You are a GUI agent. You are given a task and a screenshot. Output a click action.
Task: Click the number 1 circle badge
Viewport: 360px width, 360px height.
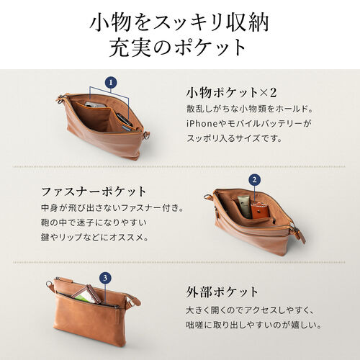[x=110, y=83]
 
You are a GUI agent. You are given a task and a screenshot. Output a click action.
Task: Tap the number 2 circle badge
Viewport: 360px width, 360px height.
[x=254, y=179]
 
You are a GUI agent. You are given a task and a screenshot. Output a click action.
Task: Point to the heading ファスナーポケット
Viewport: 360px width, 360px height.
[x=94, y=192]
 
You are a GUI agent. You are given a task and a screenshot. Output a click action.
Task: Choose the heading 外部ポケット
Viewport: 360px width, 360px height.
[x=222, y=292]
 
